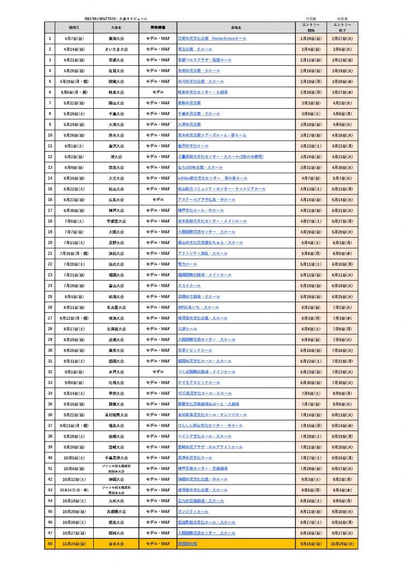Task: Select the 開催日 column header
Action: click(74, 27)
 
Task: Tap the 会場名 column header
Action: click(235, 27)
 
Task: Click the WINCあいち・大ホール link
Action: click(198, 307)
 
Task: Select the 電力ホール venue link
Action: click(187, 264)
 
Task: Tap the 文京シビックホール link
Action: click(195, 350)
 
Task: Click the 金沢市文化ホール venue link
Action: click(193, 146)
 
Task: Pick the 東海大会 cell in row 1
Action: click(117, 38)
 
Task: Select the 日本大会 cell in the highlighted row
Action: click(117, 544)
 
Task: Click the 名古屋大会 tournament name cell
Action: click(117, 307)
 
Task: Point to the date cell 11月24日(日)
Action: click(74, 544)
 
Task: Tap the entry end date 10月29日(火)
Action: click(342, 544)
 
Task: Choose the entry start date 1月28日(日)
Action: click(311, 38)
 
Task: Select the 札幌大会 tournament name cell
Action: click(117, 383)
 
